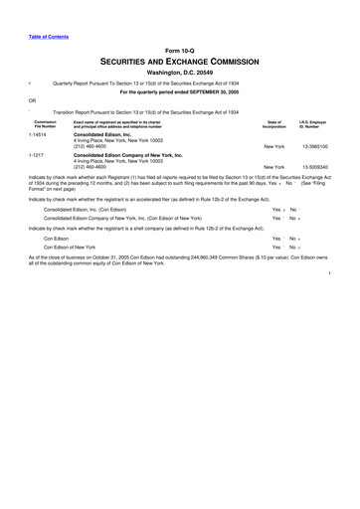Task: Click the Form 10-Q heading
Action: [180, 50]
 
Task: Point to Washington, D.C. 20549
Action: [180, 73]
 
